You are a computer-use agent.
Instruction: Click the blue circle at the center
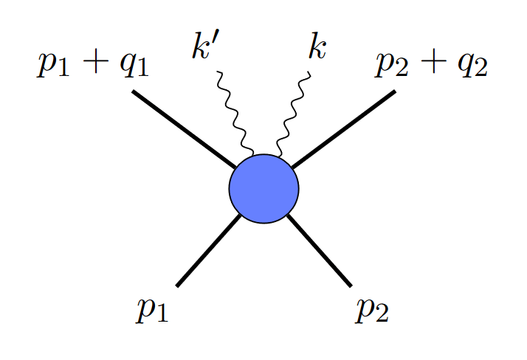[263, 188]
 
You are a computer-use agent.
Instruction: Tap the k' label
[203, 49]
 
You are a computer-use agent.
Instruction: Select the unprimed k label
[317, 49]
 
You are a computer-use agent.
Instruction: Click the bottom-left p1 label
[152, 310]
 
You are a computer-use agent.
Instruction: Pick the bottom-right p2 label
[371, 310]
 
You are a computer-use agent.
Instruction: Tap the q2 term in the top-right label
[470, 66]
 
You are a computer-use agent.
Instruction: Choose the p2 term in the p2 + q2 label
[392, 66]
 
